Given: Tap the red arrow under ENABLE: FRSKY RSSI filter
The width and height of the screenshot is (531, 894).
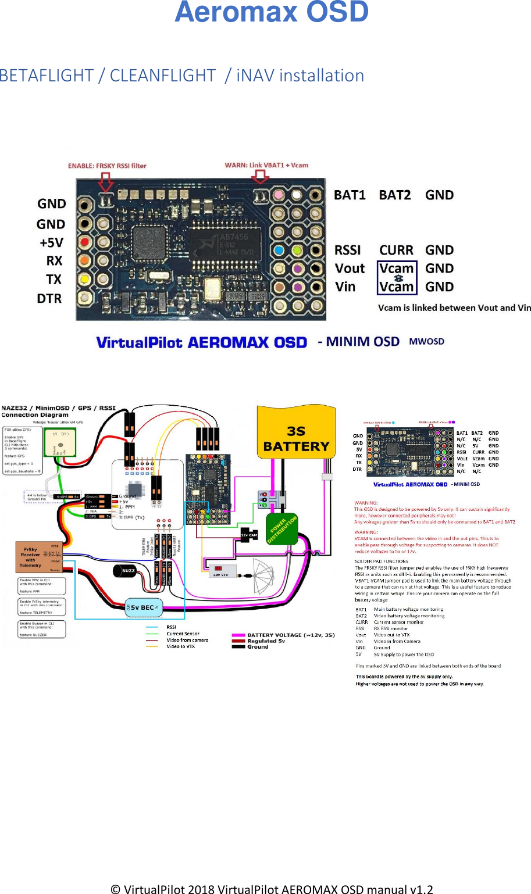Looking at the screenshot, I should pos(105,183).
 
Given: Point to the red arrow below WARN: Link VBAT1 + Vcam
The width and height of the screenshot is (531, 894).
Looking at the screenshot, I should pos(260,177).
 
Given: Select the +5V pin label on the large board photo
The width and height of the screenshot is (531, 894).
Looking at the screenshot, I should pos(51,242).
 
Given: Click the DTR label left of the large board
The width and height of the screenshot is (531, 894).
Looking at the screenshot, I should pos(49,298).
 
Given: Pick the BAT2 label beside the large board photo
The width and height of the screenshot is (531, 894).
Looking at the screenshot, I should pos(394,195).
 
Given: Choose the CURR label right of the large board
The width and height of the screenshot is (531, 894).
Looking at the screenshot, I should pos(396,250).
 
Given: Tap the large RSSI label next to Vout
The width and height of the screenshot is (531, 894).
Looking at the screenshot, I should pos(347,250).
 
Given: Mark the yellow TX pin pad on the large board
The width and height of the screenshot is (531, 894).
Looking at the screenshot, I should pos(85,279).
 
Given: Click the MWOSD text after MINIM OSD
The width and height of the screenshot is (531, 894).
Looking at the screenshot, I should pos(426,342).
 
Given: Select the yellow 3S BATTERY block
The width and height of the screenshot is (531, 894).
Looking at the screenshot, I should pos(296,433).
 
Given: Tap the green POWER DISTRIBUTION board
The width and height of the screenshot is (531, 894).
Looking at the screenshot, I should pos(282,529).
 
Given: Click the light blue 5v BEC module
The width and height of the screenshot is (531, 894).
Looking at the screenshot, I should pos(143,607).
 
